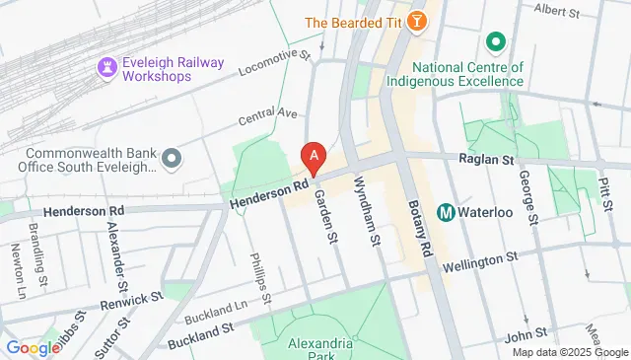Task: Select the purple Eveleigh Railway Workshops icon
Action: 105,66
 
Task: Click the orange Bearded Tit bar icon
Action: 418,21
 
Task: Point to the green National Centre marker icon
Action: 495,42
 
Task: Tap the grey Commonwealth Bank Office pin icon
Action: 173,158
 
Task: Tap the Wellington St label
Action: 480,260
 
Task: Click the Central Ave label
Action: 267,119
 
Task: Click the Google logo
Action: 33,347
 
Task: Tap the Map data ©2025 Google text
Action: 568,352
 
